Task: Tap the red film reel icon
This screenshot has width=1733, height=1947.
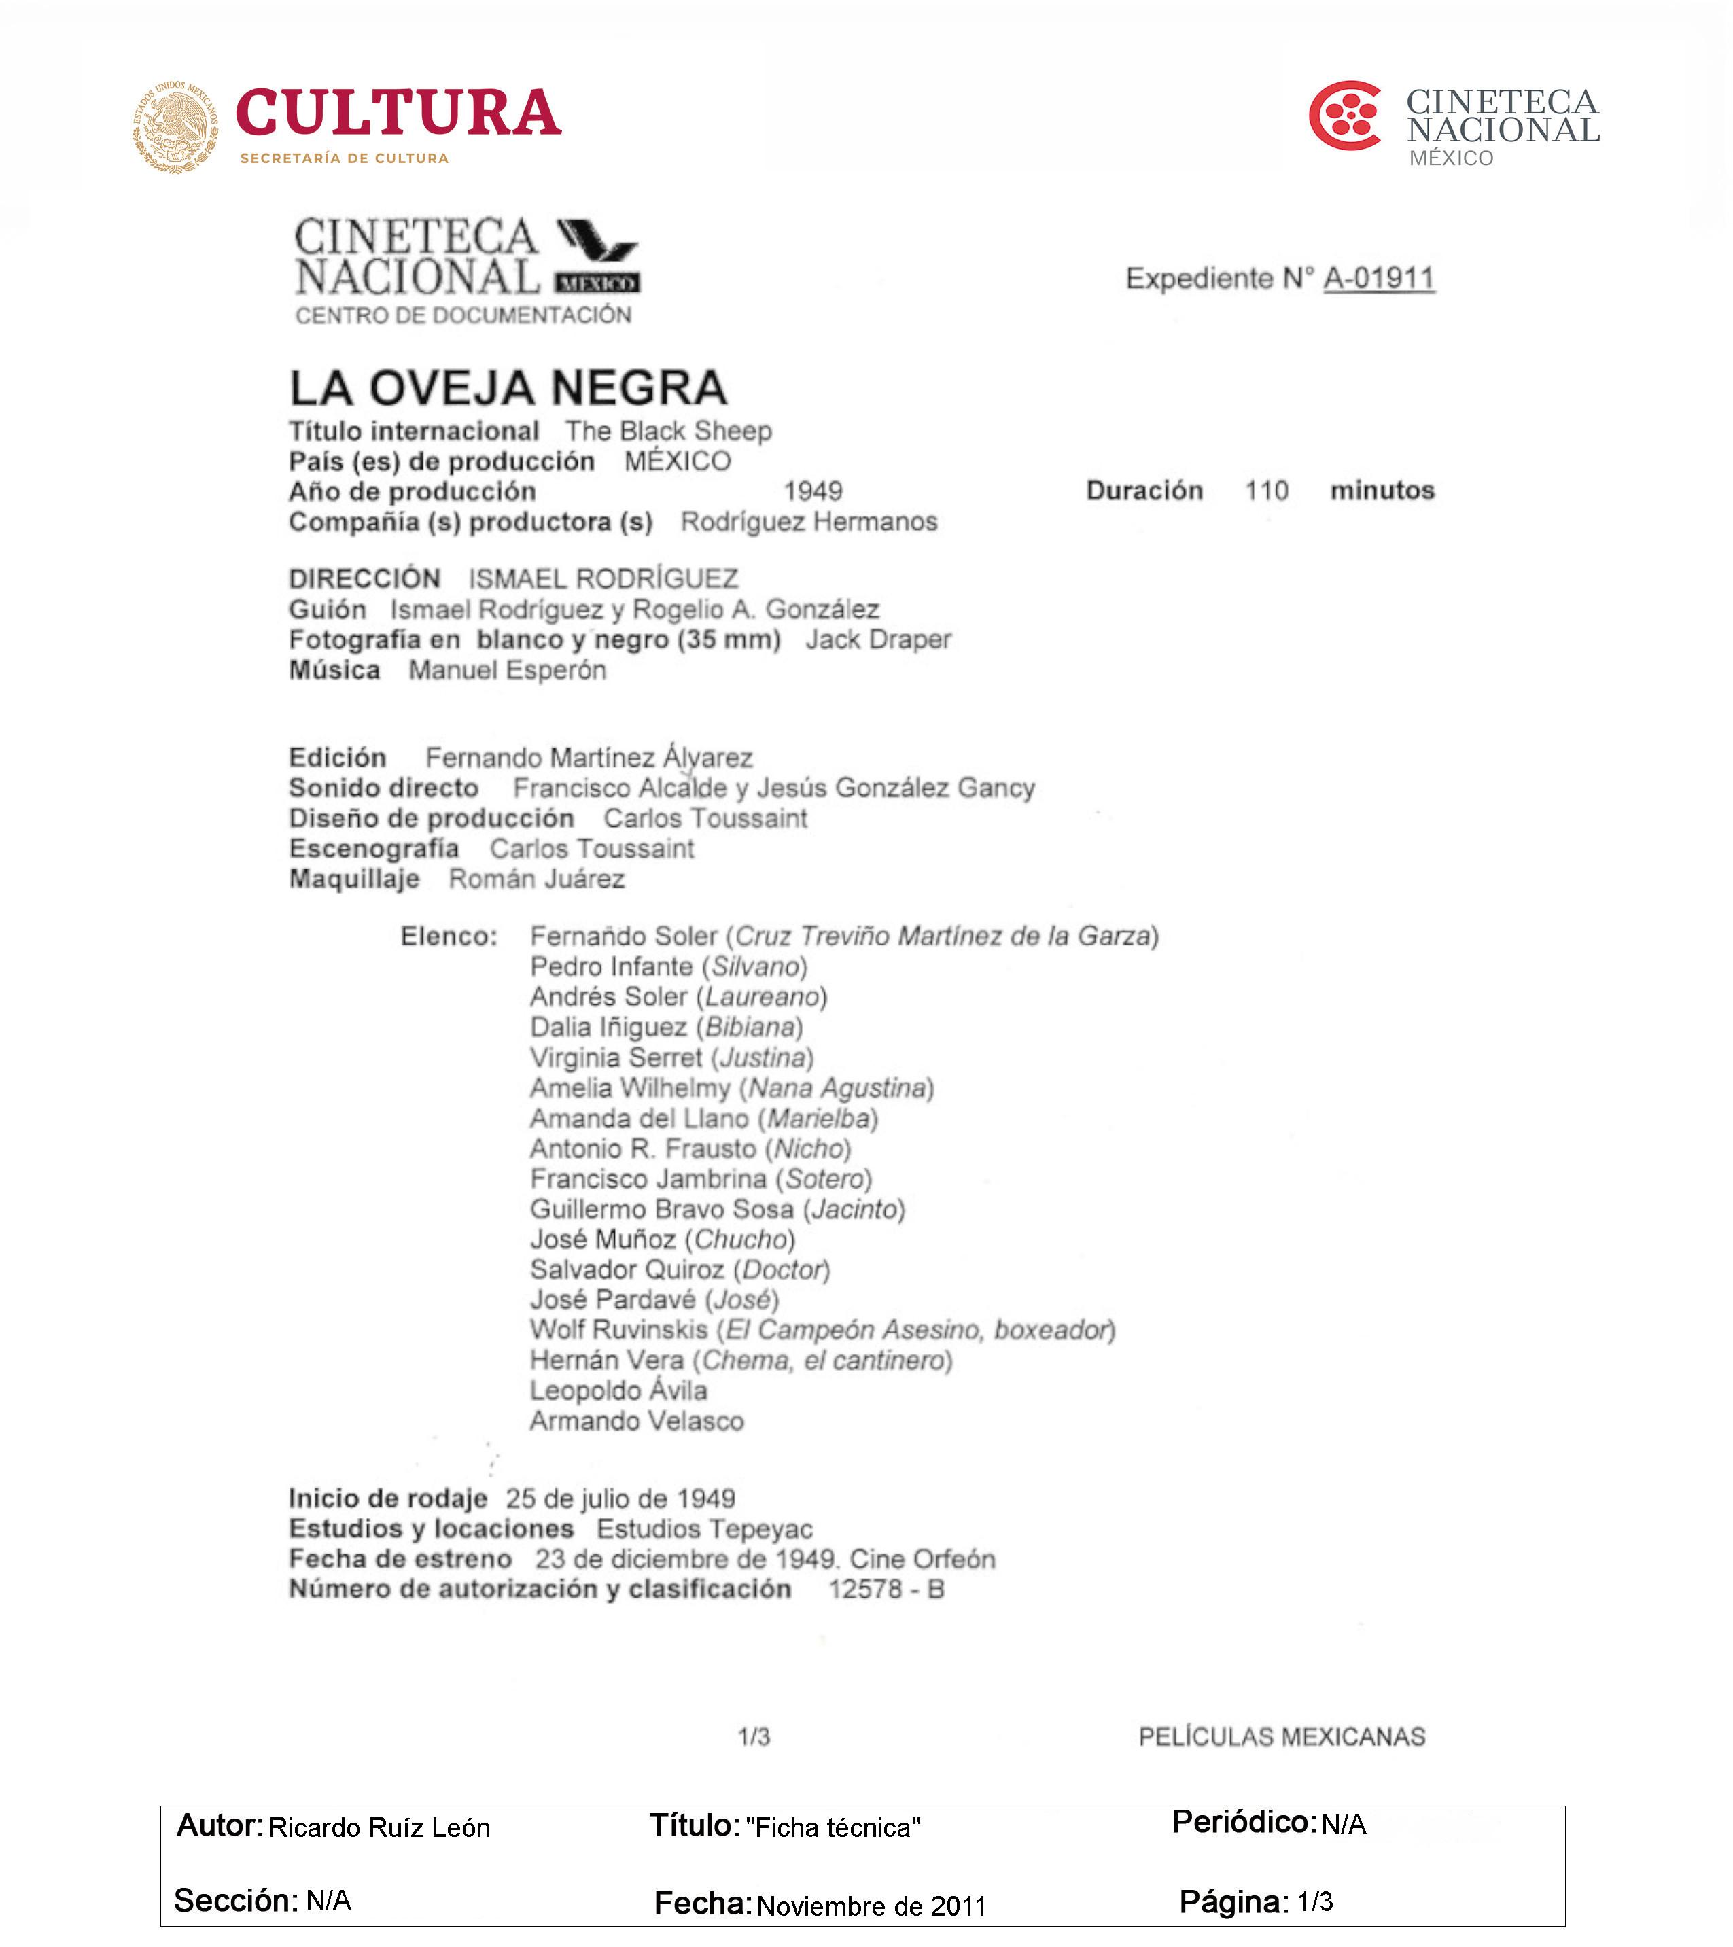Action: coord(1344,116)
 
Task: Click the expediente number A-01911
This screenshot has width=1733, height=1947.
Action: coord(1379,278)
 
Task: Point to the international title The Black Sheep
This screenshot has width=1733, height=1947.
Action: coord(668,432)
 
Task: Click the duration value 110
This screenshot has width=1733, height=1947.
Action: coord(1266,491)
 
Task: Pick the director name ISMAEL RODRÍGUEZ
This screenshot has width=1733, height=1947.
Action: coord(603,579)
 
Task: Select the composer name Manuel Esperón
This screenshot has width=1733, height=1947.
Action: coord(507,669)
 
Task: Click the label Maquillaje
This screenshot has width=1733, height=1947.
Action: coord(354,878)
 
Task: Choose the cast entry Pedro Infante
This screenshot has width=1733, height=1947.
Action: coord(612,967)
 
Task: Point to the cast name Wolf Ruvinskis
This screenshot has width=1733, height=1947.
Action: coord(619,1330)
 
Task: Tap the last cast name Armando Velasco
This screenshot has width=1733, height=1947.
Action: coord(636,1421)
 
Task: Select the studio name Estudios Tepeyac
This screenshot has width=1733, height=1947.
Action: coord(705,1529)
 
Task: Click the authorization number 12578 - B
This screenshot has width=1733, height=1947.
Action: coord(886,1590)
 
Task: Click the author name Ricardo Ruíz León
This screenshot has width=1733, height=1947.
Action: coord(379,1828)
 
